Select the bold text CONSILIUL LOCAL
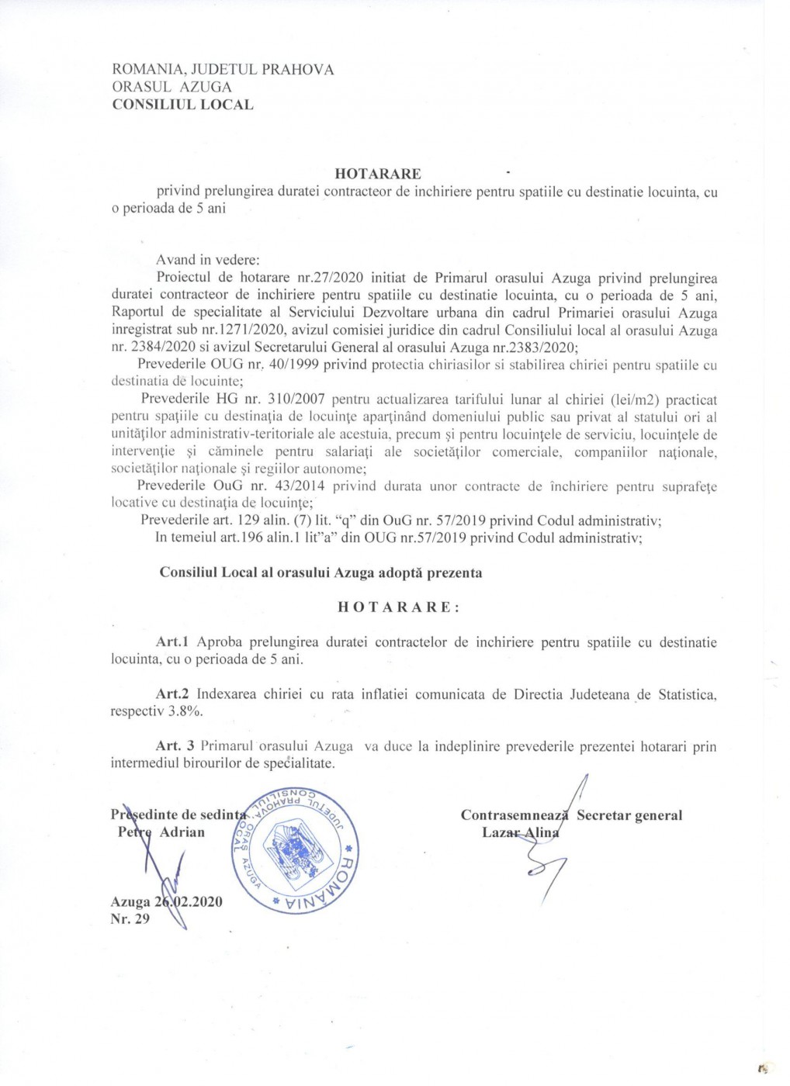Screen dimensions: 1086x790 click(x=182, y=104)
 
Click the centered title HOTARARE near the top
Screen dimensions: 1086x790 click(x=379, y=174)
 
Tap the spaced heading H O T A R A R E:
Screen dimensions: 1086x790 click(x=399, y=607)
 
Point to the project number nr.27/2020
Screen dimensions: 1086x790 click(x=345, y=278)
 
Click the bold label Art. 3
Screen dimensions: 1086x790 click(x=175, y=746)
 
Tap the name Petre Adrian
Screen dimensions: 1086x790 click(x=161, y=832)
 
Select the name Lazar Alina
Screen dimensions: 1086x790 click(x=520, y=832)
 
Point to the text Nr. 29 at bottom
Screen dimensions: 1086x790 click(x=130, y=918)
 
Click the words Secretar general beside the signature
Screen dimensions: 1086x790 click(x=629, y=815)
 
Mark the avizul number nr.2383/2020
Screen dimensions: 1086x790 click(x=457, y=348)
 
